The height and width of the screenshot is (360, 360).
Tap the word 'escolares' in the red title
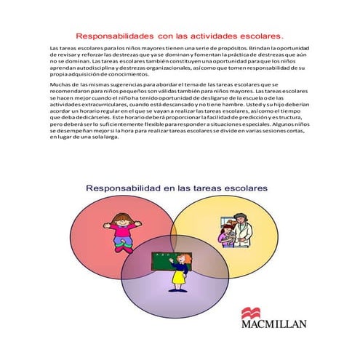260,34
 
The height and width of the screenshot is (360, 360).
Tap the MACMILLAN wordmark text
273,324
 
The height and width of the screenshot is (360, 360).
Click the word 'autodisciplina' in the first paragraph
97,68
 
